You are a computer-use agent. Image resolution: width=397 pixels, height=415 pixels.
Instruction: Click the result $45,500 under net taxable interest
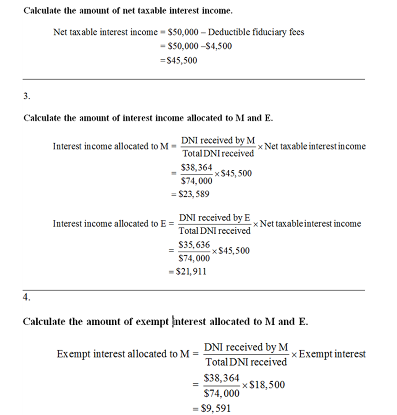point(181,60)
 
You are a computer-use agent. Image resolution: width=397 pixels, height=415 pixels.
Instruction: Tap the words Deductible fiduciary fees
point(256,32)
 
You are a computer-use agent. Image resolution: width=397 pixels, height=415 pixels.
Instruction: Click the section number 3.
point(26,96)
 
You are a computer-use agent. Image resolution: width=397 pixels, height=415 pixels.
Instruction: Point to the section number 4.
point(26,297)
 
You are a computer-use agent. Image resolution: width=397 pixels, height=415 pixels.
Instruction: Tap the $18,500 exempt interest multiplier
point(266,384)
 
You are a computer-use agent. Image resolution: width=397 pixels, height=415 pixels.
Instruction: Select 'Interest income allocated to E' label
point(109,224)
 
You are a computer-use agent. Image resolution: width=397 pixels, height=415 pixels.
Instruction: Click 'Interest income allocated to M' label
point(110,147)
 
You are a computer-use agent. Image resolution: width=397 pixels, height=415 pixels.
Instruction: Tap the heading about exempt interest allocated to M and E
point(165,321)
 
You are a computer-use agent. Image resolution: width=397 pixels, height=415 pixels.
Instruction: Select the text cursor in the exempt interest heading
point(173,321)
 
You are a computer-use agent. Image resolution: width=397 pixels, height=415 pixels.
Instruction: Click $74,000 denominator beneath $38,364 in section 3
point(197,182)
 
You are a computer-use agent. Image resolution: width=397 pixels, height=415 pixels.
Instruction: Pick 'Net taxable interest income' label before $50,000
point(105,32)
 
